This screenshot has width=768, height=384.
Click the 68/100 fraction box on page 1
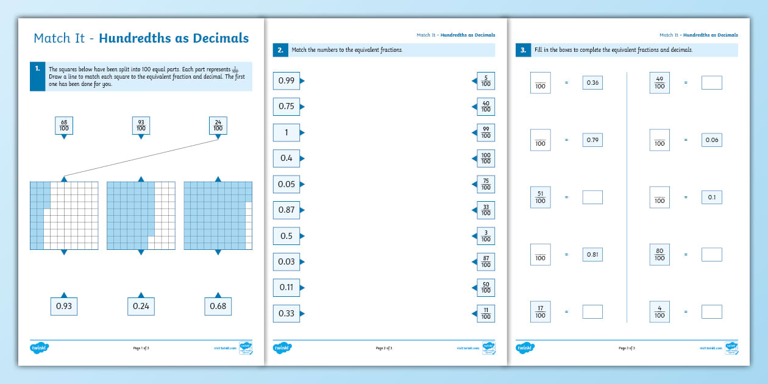point(64,126)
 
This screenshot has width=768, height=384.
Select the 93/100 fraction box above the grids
point(141,126)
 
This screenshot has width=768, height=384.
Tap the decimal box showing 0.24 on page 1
point(141,306)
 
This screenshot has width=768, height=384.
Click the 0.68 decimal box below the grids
point(218,306)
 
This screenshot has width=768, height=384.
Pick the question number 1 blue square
point(37,76)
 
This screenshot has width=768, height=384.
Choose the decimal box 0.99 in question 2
point(286,80)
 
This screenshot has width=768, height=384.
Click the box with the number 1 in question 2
point(286,132)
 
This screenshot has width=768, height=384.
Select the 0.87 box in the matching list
point(286,210)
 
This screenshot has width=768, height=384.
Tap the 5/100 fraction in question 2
point(486,80)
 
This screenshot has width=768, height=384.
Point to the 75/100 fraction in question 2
point(486,184)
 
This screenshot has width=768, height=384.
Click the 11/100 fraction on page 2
point(486,313)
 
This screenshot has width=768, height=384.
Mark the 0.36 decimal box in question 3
point(592,83)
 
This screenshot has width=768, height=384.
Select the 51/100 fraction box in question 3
point(540,197)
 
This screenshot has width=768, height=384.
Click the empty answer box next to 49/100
point(711,83)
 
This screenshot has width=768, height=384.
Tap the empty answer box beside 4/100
point(711,311)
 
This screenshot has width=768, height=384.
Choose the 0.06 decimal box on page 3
point(711,140)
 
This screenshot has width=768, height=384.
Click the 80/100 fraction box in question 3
point(660,254)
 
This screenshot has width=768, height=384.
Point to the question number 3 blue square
point(522,50)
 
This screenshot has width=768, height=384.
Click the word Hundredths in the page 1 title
point(135,38)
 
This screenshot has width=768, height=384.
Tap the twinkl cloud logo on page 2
point(282,348)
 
